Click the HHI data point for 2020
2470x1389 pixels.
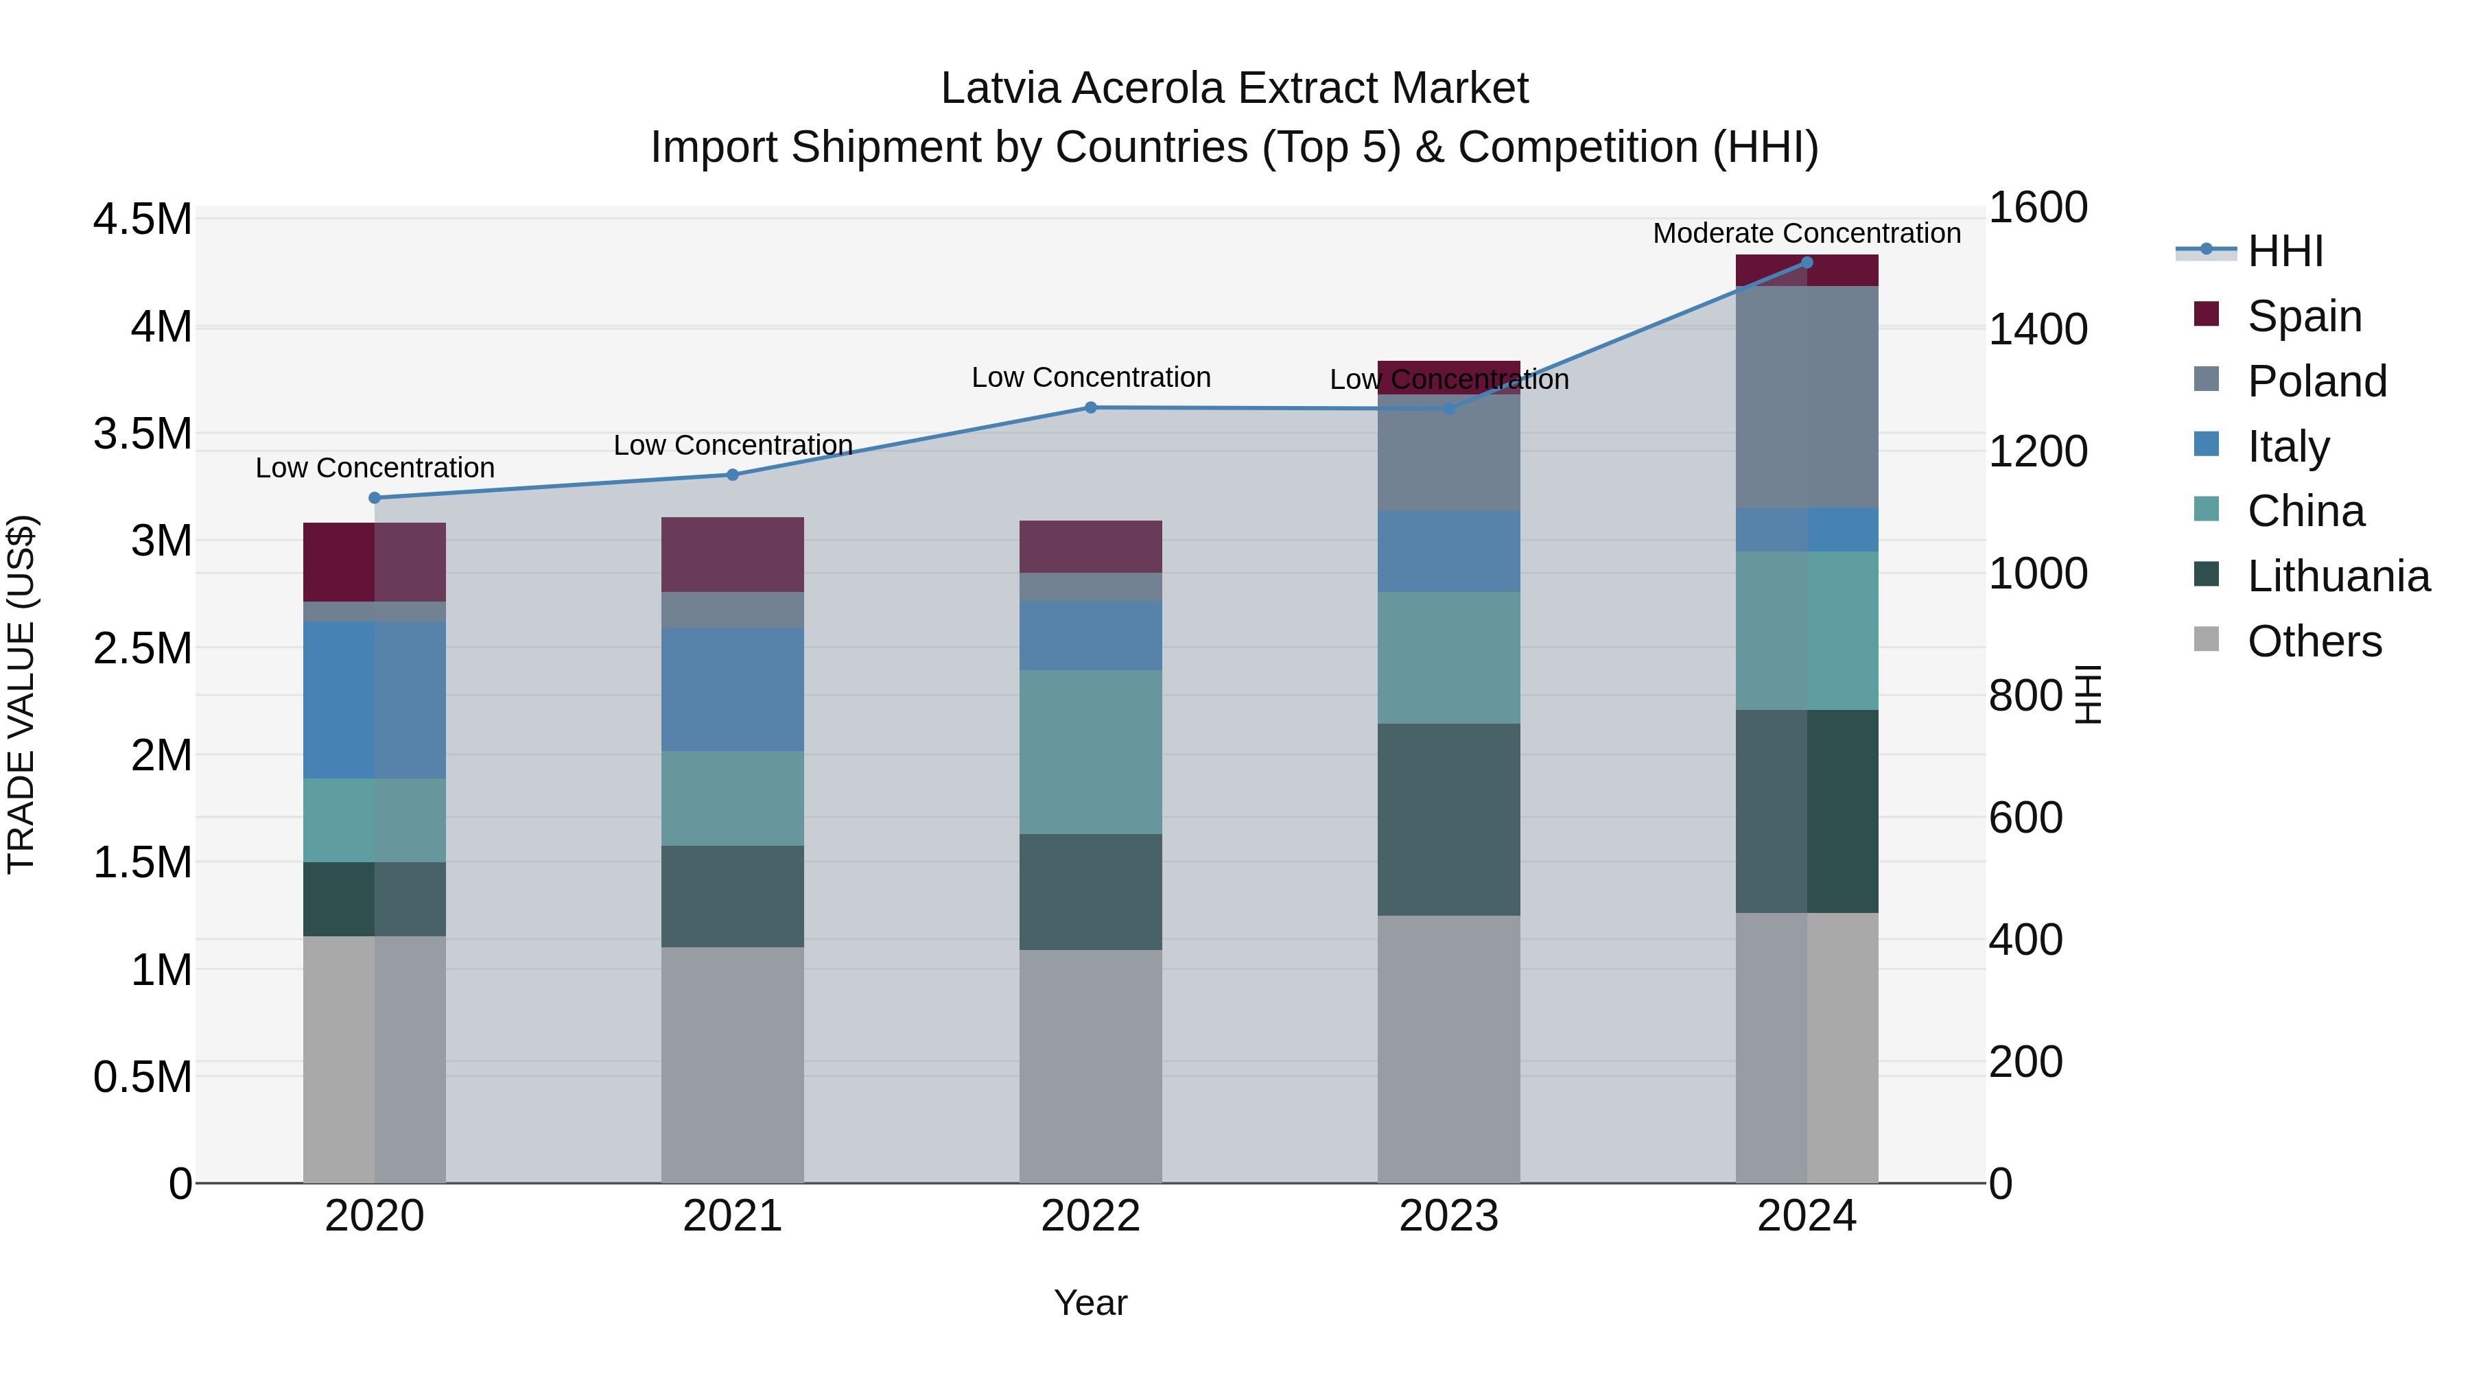click(x=375, y=497)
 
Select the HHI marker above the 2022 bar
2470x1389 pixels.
click(x=1090, y=407)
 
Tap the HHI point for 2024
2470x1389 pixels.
click(x=1807, y=262)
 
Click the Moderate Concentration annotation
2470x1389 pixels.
click(x=1807, y=233)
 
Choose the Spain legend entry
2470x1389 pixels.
click(x=2303, y=316)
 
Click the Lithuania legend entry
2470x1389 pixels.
click(x=2338, y=576)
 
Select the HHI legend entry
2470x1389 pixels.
click(x=2284, y=251)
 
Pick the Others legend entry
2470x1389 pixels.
click(x=2314, y=641)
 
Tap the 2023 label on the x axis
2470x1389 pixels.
click(x=1448, y=1215)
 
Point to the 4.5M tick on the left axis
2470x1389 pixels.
click(x=142, y=219)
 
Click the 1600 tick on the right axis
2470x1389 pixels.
click(x=2038, y=207)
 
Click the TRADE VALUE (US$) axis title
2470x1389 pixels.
click(x=21, y=694)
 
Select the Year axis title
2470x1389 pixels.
click(x=1090, y=1303)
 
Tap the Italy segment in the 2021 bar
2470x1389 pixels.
click(x=733, y=689)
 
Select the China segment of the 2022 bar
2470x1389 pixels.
click(x=1090, y=752)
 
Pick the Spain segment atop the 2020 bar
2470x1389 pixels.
click(x=375, y=562)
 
